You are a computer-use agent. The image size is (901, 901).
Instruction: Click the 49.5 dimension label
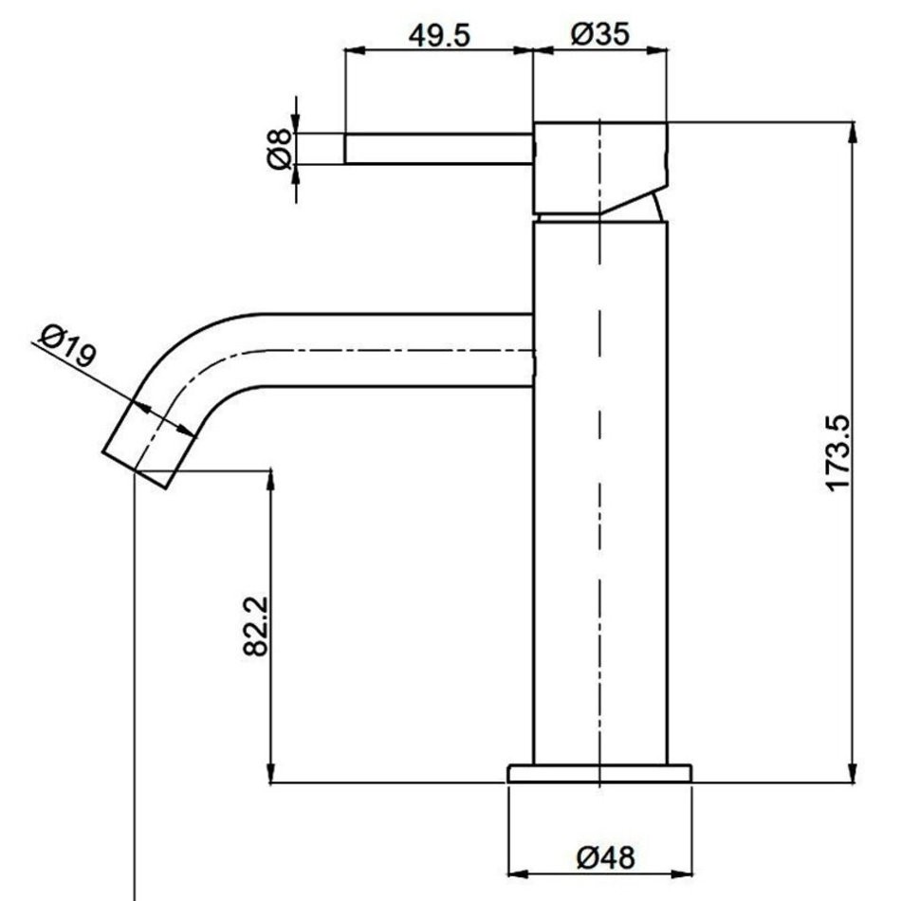[439, 36]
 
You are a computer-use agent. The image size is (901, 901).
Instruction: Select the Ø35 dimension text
[600, 34]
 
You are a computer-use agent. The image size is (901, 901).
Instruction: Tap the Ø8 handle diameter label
[280, 149]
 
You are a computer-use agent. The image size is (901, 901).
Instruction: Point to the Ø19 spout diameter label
[67, 345]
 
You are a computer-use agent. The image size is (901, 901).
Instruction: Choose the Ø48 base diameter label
[606, 858]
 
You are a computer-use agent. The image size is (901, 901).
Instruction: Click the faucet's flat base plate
[599, 773]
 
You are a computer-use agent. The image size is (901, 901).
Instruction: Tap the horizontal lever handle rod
[439, 149]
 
